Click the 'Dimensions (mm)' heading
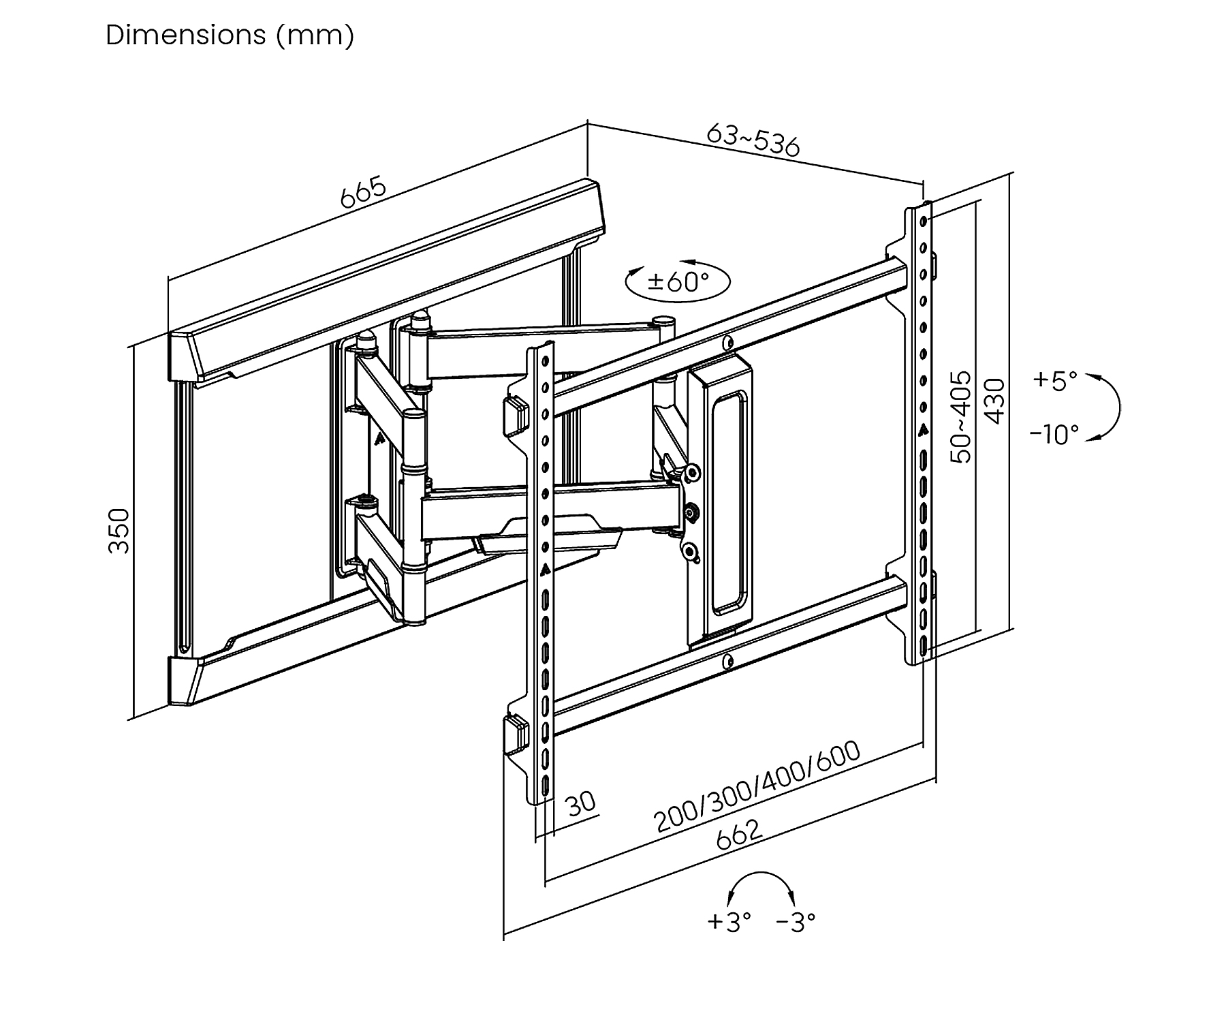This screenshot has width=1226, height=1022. coord(230,35)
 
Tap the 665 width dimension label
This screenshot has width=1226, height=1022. coord(363,193)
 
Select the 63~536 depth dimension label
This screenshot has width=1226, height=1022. coord(753,140)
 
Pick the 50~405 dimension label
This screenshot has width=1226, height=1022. coord(961,417)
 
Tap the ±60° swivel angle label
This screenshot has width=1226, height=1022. coord(678,281)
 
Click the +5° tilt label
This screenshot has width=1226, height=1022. coord(1055,380)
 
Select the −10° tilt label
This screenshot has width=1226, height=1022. coord(1054,434)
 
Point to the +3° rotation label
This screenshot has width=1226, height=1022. coord(729,922)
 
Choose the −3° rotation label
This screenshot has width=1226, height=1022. coord(796,922)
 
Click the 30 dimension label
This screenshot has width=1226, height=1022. coord(581,803)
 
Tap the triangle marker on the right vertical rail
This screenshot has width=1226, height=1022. coord(923,430)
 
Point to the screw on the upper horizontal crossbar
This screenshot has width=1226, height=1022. coord(728,341)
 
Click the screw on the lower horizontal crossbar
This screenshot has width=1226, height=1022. coord(728,660)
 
